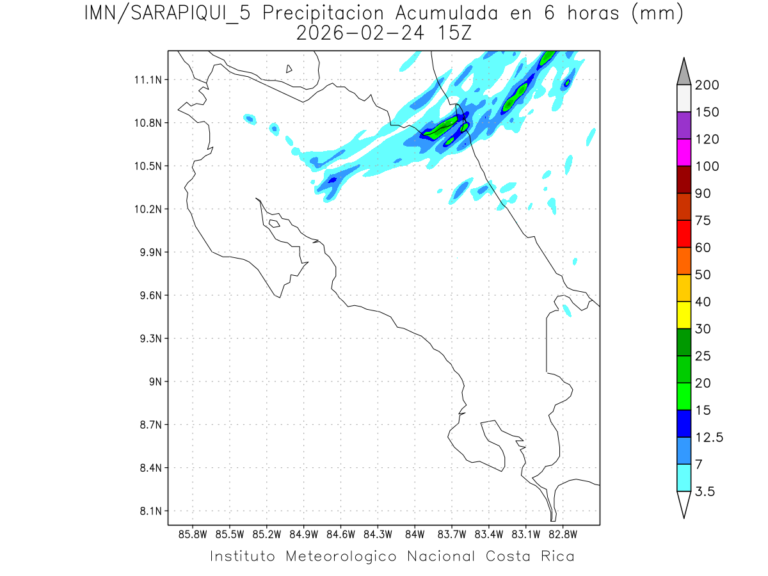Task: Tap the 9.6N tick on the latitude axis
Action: point(149,296)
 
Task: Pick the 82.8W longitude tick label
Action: point(563,534)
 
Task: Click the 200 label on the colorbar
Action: point(707,85)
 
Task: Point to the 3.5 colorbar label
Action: point(706,492)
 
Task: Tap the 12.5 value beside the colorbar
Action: point(709,437)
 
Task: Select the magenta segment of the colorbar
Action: point(684,152)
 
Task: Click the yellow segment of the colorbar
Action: point(684,315)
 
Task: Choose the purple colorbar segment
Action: point(684,125)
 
